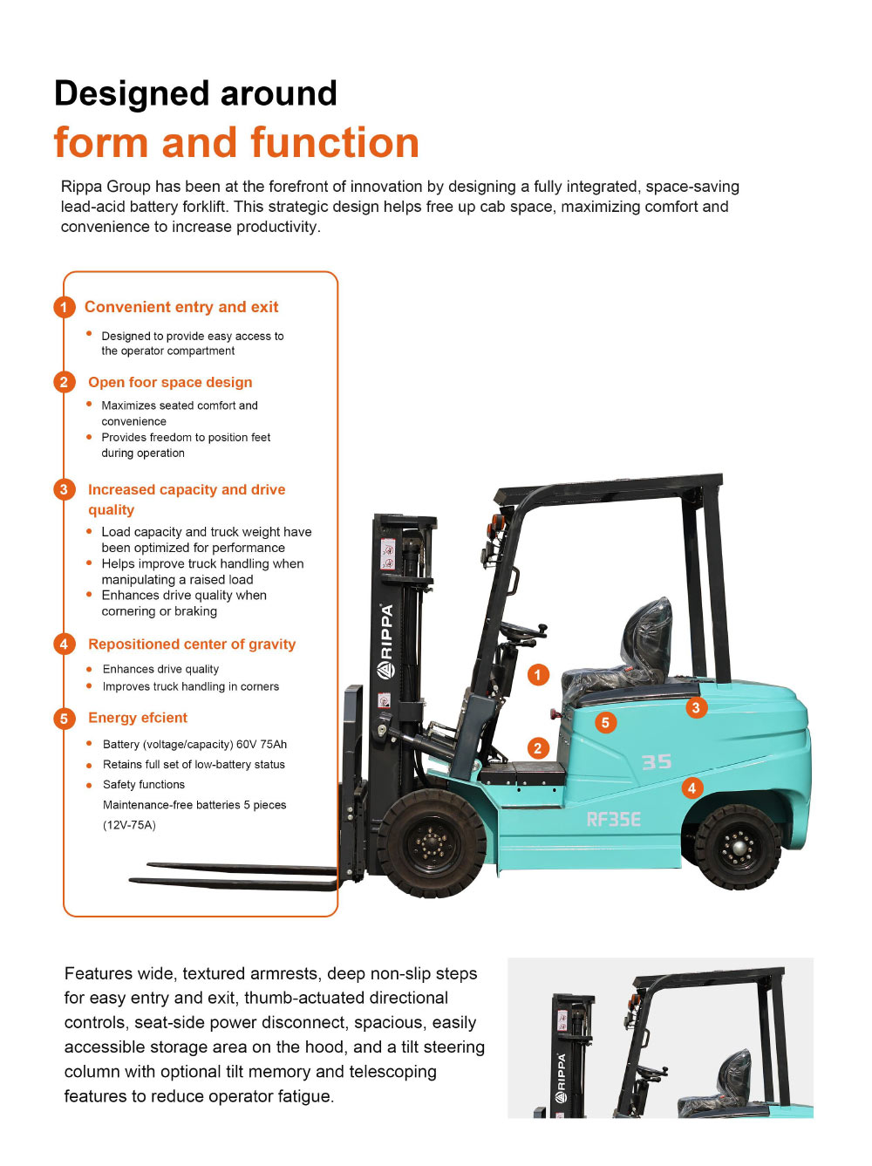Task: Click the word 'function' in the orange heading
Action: click(x=334, y=142)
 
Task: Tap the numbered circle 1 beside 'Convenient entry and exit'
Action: click(x=64, y=307)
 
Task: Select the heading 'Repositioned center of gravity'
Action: click(x=192, y=644)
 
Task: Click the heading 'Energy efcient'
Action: click(x=138, y=718)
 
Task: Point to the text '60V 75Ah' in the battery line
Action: click(x=262, y=745)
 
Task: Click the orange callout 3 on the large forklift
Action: click(x=696, y=707)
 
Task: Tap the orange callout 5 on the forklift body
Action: click(x=605, y=722)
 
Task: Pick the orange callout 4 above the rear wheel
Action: click(x=691, y=788)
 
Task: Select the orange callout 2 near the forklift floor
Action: click(x=538, y=747)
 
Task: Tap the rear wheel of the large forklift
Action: click(x=739, y=845)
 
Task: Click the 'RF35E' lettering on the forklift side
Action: click(x=614, y=819)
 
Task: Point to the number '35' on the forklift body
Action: click(x=657, y=761)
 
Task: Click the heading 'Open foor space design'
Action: click(x=170, y=382)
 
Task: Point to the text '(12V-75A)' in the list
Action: click(x=129, y=825)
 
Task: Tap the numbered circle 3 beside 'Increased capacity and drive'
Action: click(x=64, y=489)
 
